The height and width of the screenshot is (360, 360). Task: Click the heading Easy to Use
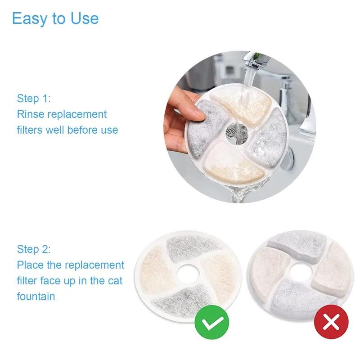pyautogui.click(x=55, y=18)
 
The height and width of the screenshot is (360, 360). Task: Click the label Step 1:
pyautogui.click(x=34, y=98)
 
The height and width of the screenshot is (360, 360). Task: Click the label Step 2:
pyautogui.click(x=34, y=249)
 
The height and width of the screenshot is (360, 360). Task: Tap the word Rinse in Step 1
pyautogui.click(x=31, y=114)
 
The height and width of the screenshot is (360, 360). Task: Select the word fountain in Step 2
pyautogui.click(x=36, y=296)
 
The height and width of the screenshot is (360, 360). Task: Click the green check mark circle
pyautogui.click(x=212, y=322)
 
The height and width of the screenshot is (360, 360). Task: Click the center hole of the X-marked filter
pyautogui.click(x=299, y=273)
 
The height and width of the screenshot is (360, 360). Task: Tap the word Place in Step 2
pyautogui.click(x=31, y=265)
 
